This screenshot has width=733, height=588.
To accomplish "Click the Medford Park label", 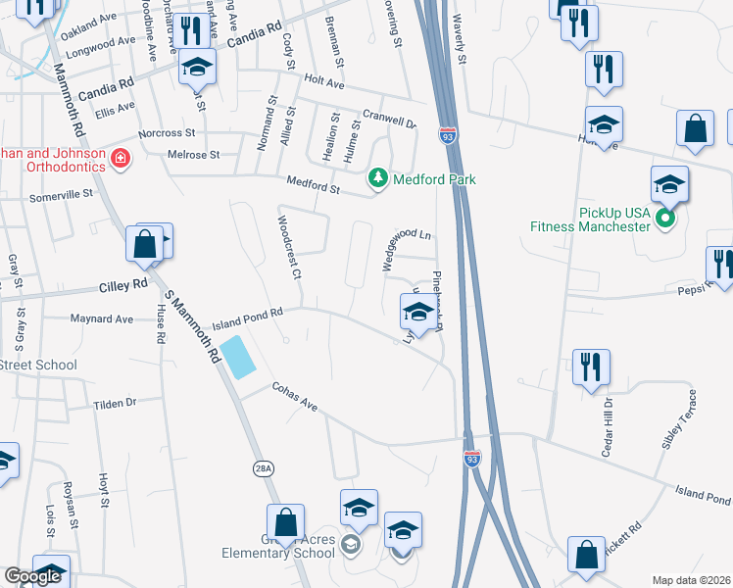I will (434, 179).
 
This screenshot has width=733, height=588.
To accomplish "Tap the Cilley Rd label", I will (122, 285).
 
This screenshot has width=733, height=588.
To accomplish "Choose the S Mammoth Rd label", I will (192, 328).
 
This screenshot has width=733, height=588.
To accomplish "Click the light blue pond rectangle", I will (238, 357).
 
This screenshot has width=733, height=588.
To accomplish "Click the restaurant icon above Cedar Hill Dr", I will (591, 368).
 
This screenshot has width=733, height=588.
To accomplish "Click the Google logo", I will (32, 576).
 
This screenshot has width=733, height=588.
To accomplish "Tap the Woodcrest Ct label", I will (287, 251).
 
